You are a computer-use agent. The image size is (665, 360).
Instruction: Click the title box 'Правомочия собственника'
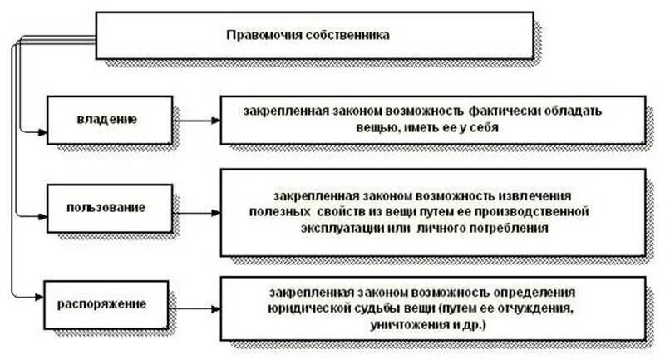click(x=314, y=35)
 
